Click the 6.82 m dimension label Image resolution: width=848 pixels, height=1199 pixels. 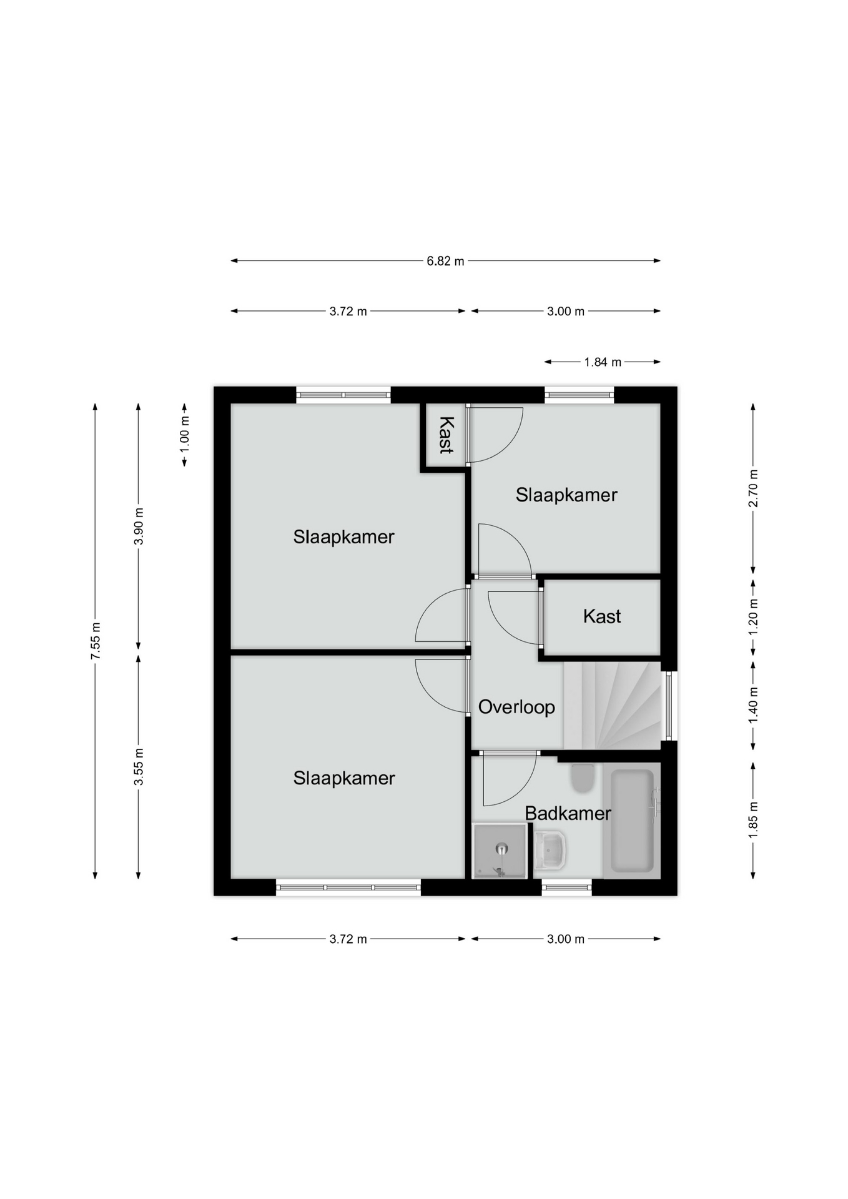tap(445, 261)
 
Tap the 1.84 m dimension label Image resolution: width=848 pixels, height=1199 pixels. tap(603, 362)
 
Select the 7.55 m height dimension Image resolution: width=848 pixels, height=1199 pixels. tap(96, 641)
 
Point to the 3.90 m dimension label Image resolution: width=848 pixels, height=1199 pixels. tap(139, 526)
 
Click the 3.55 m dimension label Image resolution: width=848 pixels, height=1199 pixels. tap(139, 767)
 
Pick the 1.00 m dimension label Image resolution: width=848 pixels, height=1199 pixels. tap(185, 431)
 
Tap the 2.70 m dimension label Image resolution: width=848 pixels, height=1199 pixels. tap(753, 488)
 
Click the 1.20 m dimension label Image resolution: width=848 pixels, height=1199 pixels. tap(753, 617)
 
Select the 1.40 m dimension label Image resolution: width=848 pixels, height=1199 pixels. tap(753, 706)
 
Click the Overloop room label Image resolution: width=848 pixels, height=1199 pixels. tap(516, 707)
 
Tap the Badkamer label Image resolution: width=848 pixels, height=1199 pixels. tap(568, 813)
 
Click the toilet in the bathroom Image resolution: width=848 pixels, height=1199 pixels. tap(583, 778)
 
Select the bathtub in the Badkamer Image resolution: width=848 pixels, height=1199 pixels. tap(632, 821)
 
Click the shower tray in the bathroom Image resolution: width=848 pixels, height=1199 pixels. tap(500, 851)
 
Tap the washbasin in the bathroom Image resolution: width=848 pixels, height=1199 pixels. tap(550, 850)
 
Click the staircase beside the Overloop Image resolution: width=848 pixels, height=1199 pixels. tap(612, 706)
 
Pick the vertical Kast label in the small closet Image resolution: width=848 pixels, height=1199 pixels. tap(446, 435)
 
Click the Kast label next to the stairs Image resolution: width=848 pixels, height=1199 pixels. tap(602, 616)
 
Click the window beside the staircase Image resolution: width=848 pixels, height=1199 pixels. tap(669, 706)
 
